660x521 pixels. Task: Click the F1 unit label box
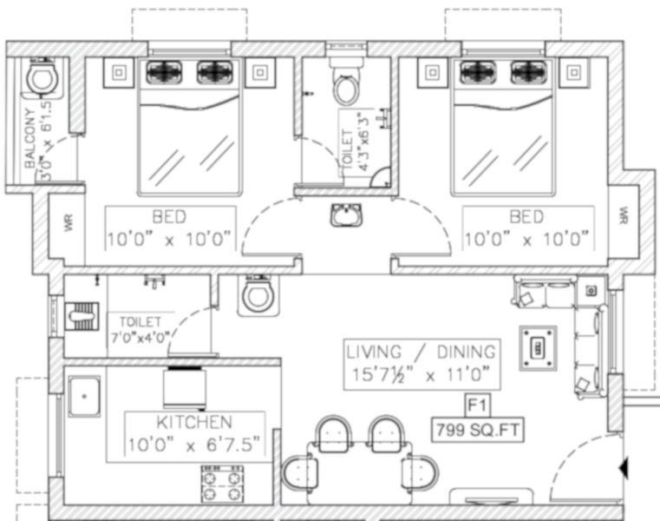(x=477, y=406)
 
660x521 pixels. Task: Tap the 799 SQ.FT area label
(x=478, y=430)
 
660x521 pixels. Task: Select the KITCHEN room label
(x=194, y=422)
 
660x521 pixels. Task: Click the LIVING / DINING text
(x=421, y=352)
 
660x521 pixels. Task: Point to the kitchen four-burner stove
(x=222, y=484)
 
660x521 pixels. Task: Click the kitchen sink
(x=84, y=396)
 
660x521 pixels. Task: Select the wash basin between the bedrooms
(x=346, y=214)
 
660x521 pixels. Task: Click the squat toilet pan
(x=82, y=316)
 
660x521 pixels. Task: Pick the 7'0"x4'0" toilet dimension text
(x=140, y=338)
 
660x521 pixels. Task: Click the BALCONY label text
(x=29, y=138)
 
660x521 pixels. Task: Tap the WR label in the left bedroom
(x=69, y=222)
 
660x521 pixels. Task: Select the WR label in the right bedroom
(x=624, y=215)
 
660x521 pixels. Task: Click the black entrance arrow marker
(x=624, y=468)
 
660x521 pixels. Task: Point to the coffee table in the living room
(x=538, y=348)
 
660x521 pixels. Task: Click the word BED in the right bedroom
(x=526, y=217)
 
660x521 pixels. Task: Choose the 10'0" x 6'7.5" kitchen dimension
(x=194, y=445)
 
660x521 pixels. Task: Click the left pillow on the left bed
(x=164, y=72)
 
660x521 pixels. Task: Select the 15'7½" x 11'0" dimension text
(x=421, y=374)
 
